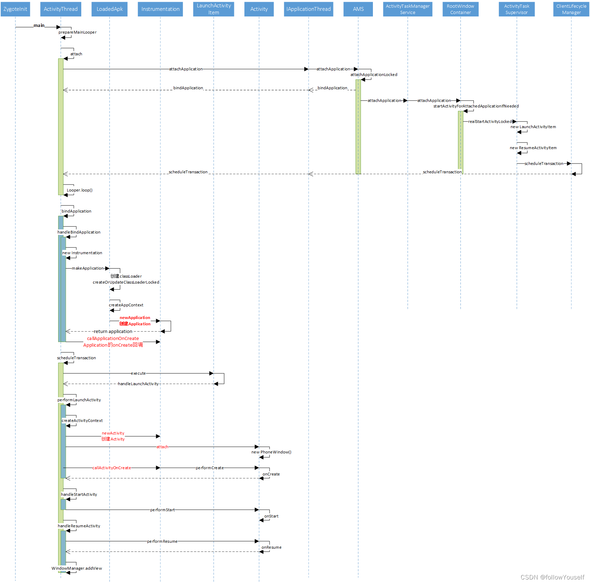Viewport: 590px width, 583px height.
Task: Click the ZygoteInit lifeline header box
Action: point(15,9)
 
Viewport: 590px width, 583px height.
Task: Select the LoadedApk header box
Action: point(110,9)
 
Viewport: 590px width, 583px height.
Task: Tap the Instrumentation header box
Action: point(160,9)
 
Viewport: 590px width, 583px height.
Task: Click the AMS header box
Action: point(358,9)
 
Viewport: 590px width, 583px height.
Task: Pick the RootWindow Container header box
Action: point(460,9)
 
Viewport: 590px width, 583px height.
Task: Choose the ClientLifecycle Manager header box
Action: point(571,9)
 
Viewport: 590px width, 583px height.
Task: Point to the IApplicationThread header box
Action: point(308,9)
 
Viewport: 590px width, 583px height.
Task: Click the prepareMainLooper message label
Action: point(77,32)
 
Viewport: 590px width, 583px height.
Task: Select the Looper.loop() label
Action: point(79,190)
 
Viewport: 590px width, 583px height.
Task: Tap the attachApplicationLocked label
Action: point(374,75)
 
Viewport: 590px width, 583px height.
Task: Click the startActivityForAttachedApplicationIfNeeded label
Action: point(476,106)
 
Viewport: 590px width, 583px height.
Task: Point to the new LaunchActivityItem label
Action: point(533,127)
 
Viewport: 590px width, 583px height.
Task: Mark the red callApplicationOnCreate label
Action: point(113,339)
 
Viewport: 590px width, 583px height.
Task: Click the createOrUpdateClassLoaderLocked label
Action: point(126,282)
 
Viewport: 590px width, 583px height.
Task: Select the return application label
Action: point(113,331)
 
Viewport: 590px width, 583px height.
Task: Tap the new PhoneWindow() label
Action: point(271,452)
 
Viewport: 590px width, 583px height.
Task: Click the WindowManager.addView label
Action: point(77,568)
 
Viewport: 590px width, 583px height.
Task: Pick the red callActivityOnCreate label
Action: point(111,468)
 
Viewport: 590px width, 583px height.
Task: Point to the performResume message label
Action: point(162,541)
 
